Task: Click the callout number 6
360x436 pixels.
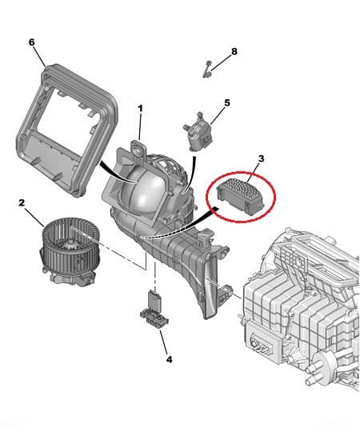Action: click(x=31, y=41)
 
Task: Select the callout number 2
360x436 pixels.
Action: click(x=22, y=203)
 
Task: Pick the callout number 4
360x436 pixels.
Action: click(x=169, y=359)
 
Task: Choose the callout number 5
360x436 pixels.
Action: click(x=226, y=102)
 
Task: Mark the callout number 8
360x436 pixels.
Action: click(x=234, y=51)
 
